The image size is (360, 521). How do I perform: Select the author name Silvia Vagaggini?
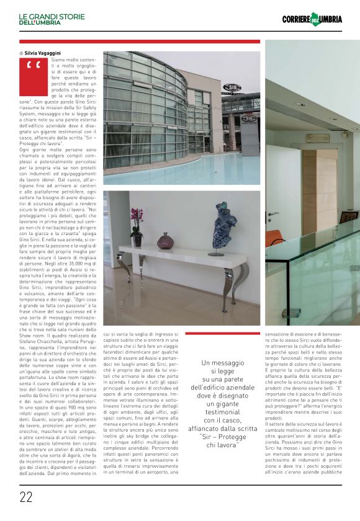43,54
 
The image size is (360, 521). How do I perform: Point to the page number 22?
26,497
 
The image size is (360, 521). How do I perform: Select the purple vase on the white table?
166,241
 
